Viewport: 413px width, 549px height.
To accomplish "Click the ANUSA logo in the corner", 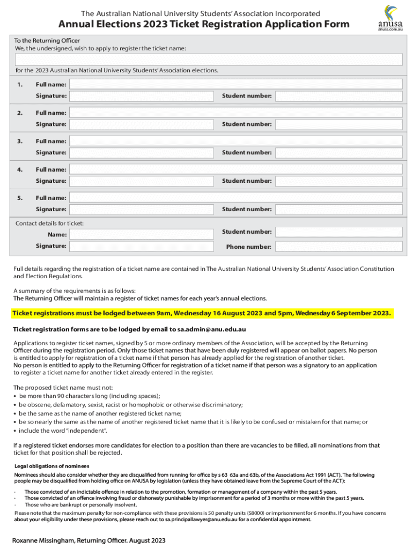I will coord(389,18).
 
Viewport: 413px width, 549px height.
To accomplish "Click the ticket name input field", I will coord(209,60).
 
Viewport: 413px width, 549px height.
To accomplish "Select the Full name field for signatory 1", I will coord(236,84).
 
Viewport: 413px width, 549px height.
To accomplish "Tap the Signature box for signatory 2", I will coord(142,124).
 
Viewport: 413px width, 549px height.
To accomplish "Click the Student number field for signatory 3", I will coord(338,152).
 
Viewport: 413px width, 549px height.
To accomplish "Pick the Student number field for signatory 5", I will coord(338,209).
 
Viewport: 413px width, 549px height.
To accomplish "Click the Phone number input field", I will coord(338,247).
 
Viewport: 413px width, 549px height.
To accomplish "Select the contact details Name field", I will coord(142,234).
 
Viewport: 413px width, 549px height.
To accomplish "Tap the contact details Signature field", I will coord(142,246).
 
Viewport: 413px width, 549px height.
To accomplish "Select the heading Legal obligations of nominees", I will coord(51,465).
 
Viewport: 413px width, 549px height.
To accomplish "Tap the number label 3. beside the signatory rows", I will coord(20,141).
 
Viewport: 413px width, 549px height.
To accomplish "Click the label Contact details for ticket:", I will coord(49,223).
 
